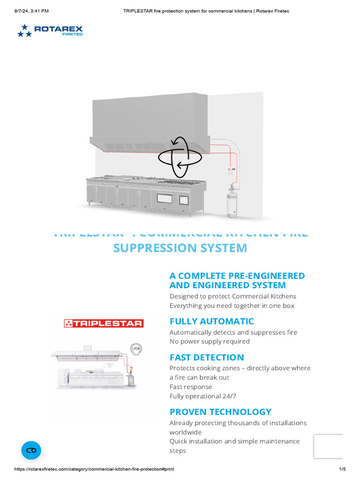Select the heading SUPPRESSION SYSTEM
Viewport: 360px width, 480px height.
tap(180, 248)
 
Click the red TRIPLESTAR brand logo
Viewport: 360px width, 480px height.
tap(104, 323)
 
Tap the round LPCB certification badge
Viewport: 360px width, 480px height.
tap(135, 348)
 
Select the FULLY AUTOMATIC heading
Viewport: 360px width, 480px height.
tap(211, 322)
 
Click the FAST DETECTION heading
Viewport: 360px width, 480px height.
tap(207, 357)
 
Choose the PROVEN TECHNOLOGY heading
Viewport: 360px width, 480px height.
tap(220, 412)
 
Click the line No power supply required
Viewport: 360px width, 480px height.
tap(210, 341)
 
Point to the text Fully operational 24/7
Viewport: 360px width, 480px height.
tap(203, 396)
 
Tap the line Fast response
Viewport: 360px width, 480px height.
tap(191, 387)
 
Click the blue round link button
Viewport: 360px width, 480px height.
tap(31, 450)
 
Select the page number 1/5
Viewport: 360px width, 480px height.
tap(342, 469)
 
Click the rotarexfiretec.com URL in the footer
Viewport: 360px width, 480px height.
tap(94, 469)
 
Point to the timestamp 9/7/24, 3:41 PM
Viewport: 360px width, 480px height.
tap(31, 11)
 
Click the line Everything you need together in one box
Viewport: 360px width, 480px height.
tap(232, 306)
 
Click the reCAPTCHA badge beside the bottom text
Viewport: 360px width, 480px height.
tap(329, 446)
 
